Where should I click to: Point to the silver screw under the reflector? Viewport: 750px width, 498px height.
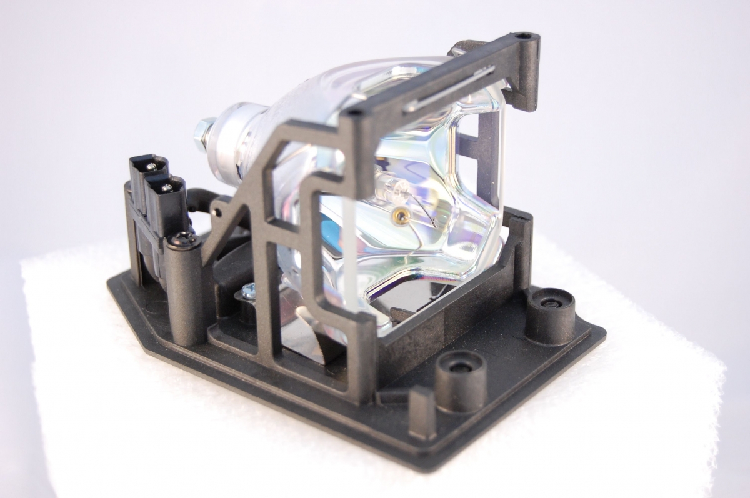[x=248, y=290]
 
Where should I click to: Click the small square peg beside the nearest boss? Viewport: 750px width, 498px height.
[x=422, y=403]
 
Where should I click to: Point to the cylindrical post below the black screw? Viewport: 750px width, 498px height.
[x=184, y=294]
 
